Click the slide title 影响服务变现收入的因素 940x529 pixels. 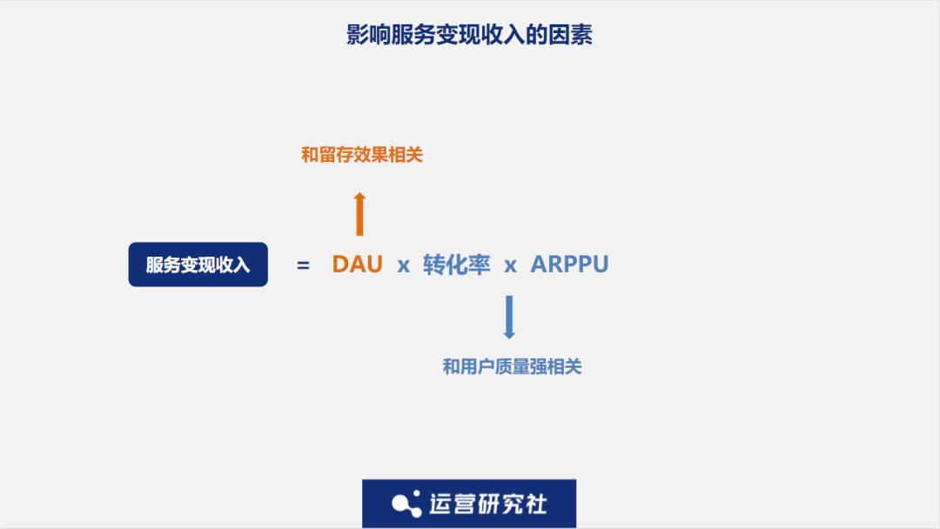469,35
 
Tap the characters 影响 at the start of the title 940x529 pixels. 369,35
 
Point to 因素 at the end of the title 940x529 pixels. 571,35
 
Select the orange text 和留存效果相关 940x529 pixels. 362,155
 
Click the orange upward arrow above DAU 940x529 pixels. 359,214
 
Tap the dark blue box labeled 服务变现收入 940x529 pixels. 198,264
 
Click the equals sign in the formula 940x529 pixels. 304,264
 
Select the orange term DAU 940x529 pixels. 358,264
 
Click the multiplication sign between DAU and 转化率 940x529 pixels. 404,265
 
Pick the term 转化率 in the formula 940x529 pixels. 457,264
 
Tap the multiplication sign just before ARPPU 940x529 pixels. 510,265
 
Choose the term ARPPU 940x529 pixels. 569,264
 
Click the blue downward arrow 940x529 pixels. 509,318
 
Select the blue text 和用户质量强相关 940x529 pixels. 512,366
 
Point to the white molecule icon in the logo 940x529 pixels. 406,504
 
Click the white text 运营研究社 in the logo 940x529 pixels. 488,504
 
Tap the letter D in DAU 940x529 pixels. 340,264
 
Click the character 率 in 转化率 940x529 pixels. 480,264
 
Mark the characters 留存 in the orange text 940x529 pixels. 336,155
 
